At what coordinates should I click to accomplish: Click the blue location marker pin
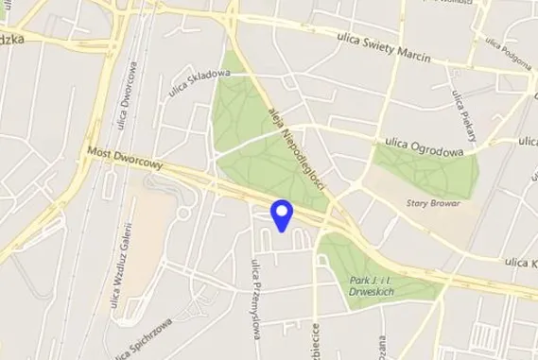282,214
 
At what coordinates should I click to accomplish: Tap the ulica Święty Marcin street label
384,46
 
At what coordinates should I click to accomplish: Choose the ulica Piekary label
463,111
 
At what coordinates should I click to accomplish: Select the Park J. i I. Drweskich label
371,284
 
